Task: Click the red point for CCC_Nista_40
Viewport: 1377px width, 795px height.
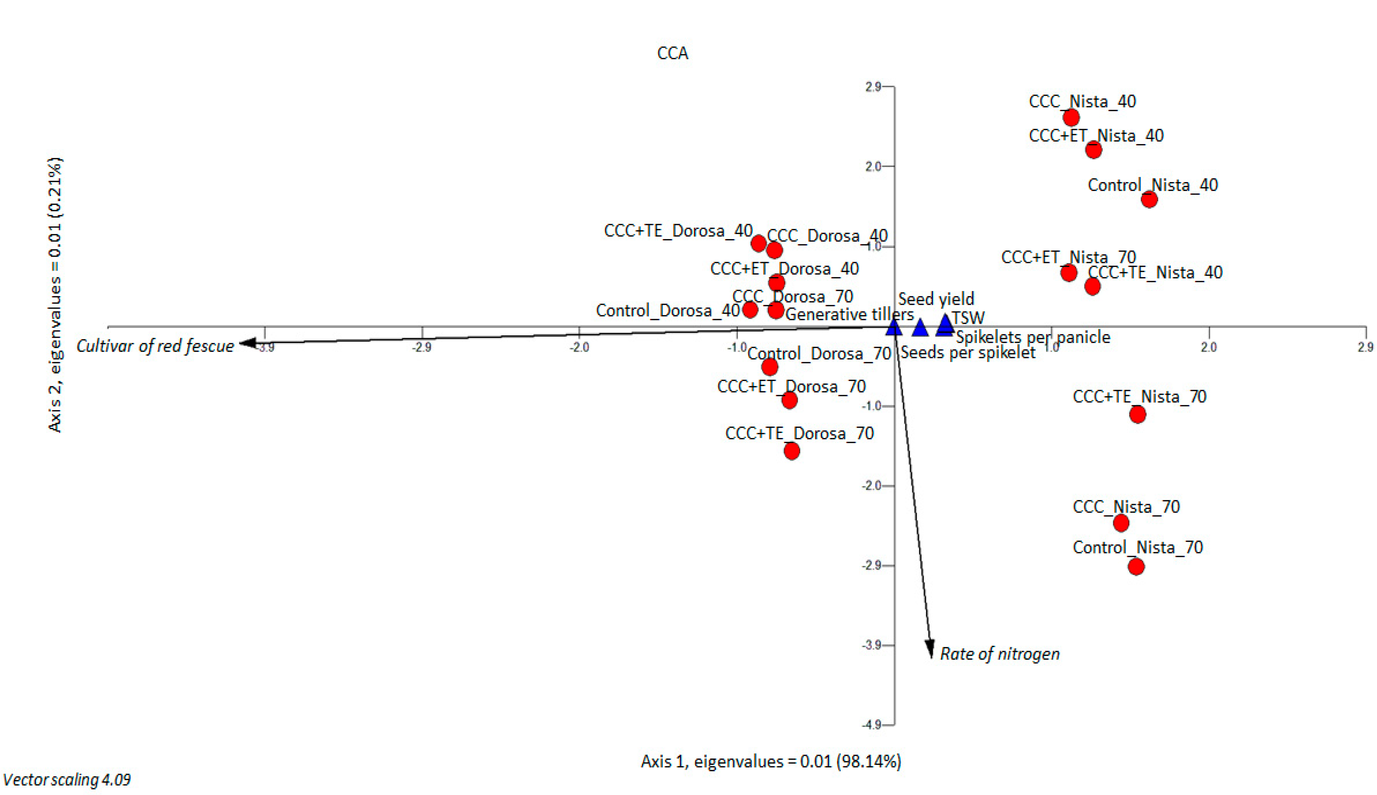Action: [1071, 118]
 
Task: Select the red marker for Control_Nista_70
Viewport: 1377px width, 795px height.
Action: [1136, 567]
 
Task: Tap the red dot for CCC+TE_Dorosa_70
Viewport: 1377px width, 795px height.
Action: [792, 451]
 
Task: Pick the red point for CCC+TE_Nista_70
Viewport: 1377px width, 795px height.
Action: [1137, 414]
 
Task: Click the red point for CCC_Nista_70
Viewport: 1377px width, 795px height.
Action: [1121, 523]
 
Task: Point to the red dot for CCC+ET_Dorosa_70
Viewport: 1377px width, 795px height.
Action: [789, 400]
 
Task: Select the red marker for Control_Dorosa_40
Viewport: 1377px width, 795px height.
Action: [750, 310]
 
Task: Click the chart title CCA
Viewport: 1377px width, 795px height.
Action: [672, 53]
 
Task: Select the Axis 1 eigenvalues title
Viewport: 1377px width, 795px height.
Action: [770, 761]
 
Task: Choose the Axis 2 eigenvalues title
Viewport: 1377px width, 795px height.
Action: [55, 295]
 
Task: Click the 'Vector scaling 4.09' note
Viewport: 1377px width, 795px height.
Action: [67, 780]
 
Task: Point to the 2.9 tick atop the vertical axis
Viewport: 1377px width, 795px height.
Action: [873, 86]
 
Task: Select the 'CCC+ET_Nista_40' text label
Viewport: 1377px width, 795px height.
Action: [1096, 135]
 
